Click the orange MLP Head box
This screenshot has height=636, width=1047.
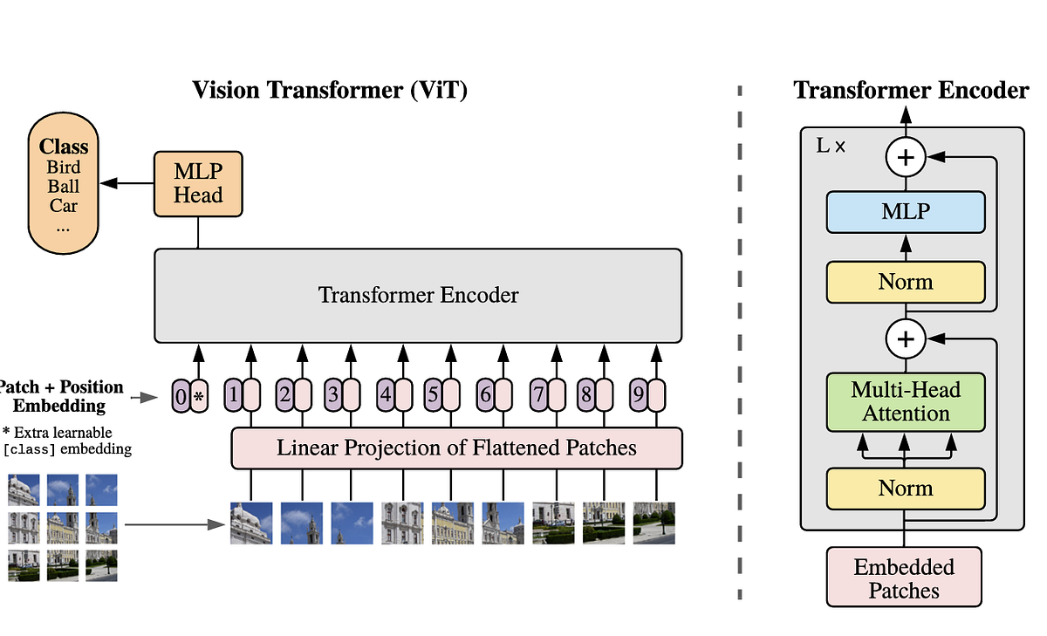198,183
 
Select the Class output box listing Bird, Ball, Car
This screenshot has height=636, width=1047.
64,188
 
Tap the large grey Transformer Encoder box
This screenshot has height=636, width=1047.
418,296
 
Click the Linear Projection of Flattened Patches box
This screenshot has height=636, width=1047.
456,448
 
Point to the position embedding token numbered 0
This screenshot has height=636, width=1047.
180,396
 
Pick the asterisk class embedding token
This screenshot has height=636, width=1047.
199,396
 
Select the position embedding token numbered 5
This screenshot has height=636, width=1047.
433,395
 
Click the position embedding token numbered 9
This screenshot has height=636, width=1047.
639,395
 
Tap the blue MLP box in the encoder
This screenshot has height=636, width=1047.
906,211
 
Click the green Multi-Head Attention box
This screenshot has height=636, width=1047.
906,401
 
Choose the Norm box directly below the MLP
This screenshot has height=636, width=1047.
906,282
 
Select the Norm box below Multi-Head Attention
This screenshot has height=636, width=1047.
906,489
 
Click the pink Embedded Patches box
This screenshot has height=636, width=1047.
904,578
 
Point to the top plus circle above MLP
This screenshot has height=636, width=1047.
906,158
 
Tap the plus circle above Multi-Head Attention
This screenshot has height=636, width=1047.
906,339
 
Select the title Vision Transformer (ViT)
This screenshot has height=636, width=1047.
330,90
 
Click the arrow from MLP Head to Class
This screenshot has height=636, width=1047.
127,183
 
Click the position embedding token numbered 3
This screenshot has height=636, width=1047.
332,395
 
